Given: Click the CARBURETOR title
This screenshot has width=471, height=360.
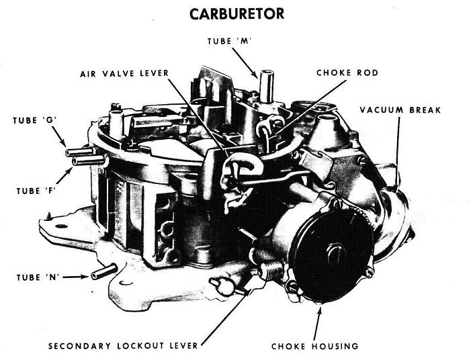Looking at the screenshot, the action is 237,14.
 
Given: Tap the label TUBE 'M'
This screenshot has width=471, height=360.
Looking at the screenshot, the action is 229,41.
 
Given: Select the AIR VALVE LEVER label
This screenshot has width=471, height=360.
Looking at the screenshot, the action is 124,74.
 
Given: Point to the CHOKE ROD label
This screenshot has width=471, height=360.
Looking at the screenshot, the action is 347,73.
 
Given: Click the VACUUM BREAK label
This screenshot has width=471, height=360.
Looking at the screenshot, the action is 400,110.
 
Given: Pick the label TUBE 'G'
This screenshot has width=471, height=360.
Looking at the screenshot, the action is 35,120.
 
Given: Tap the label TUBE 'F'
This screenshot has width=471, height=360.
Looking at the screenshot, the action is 36,191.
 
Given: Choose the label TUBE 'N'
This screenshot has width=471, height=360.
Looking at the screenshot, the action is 38,277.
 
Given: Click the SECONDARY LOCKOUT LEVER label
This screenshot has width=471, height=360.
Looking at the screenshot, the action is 123,346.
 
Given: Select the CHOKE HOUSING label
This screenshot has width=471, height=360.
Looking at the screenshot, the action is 315,346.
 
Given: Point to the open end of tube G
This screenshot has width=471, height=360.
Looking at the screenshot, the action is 68,153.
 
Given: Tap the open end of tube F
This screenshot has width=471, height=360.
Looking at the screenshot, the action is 75,162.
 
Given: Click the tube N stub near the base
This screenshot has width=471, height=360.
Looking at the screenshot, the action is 103,271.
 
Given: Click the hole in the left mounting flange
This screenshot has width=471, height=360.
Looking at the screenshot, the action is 61,226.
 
